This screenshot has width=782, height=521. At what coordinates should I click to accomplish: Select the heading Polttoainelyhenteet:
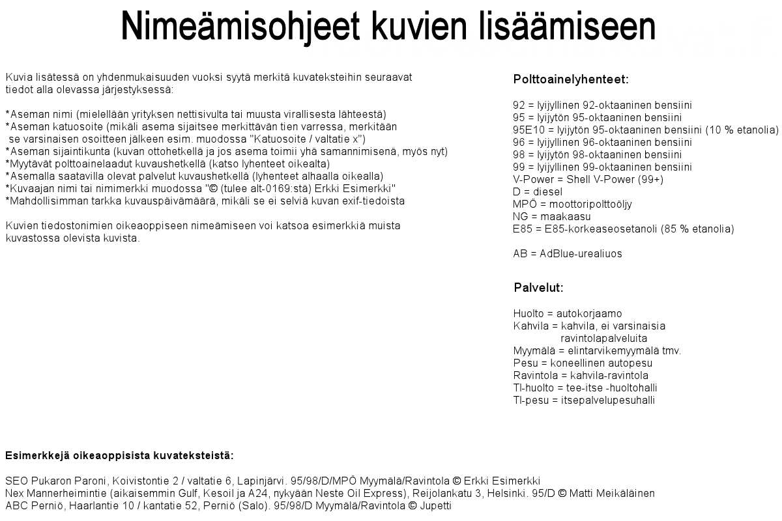coord(571,80)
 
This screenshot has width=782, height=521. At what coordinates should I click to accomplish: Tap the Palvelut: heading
coord(538,288)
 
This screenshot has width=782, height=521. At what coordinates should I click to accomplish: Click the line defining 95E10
coord(645,130)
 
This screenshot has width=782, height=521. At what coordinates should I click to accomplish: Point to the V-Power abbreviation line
coord(588,179)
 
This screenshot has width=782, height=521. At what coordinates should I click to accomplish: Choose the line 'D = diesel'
coord(538,191)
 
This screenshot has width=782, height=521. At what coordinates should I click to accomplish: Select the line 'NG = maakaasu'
coord(552,216)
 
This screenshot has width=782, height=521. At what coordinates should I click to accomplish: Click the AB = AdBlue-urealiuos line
coord(568,254)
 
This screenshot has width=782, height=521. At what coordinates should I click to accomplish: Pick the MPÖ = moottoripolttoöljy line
coord(572,204)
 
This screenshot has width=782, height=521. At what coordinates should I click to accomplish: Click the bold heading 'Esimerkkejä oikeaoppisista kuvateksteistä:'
coord(119,455)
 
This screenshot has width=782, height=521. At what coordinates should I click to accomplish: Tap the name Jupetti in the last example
coord(435,505)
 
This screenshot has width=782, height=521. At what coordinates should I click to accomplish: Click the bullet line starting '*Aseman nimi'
coord(195,114)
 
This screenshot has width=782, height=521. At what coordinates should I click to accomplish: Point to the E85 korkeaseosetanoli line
coord(624,229)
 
